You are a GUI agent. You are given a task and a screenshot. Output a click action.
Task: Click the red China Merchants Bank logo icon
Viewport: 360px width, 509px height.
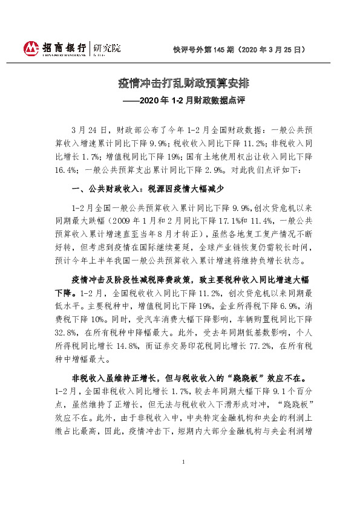coord(30,48)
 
